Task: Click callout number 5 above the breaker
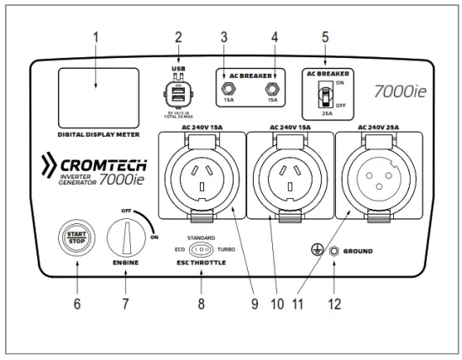324,39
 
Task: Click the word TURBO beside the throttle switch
226,250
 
